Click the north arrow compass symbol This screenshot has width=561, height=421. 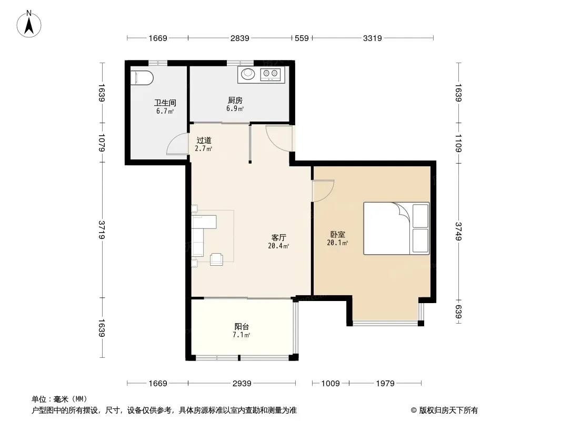[x=29, y=24]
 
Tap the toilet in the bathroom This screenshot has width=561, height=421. [x=142, y=78]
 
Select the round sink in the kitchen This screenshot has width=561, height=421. [x=247, y=74]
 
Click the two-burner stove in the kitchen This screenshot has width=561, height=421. [x=270, y=74]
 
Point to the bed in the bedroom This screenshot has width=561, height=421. [x=396, y=228]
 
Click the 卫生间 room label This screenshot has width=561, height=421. [x=165, y=103]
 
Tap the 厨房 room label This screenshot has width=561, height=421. [x=235, y=101]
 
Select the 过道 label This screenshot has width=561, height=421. [x=204, y=140]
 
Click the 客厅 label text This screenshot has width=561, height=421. [x=279, y=237]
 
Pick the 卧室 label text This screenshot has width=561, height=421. [x=338, y=235]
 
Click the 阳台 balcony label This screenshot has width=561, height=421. [x=242, y=327]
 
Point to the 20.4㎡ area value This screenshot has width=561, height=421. [x=278, y=246]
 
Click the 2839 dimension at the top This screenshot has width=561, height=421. [x=239, y=38]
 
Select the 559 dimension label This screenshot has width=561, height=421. [x=302, y=38]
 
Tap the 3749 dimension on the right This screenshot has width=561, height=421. [x=458, y=231]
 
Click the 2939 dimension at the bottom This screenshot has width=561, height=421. [x=242, y=384]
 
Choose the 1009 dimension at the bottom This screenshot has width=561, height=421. [x=330, y=384]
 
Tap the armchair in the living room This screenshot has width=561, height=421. [x=216, y=259]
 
